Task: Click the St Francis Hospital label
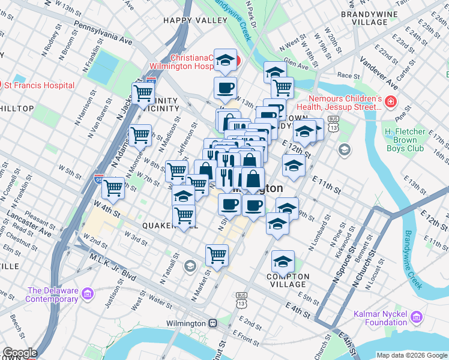point(41,85)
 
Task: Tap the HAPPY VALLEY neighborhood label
point(195,20)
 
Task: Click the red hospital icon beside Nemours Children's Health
point(391,103)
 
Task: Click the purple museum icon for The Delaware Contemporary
point(88,293)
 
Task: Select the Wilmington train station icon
point(212,323)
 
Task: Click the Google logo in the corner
point(20,353)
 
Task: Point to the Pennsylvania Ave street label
point(103,34)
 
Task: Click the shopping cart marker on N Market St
point(217,255)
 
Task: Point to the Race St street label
point(348,76)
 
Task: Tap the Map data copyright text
point(411,355)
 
